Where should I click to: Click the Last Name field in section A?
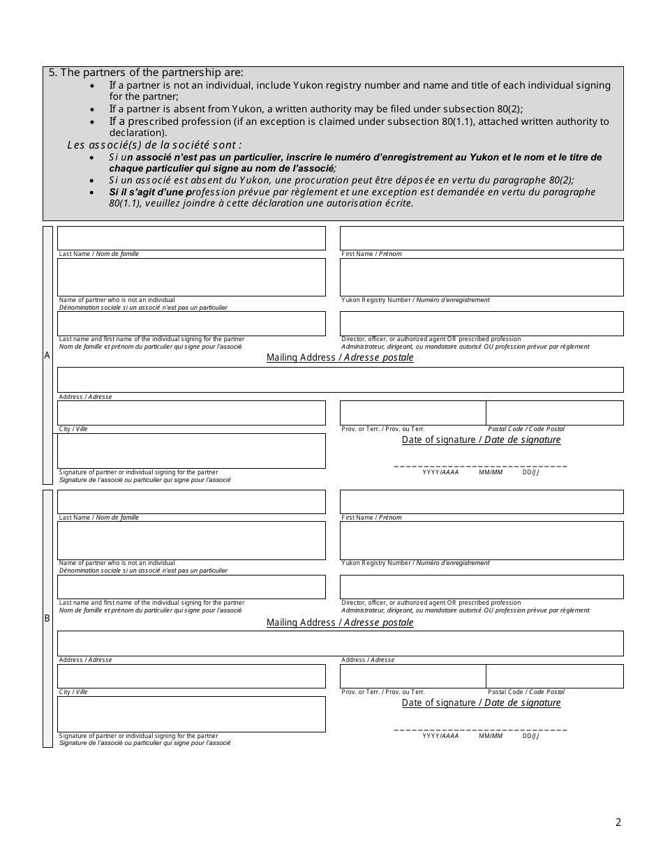click(191, 238)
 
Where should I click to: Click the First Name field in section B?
click(482, 502)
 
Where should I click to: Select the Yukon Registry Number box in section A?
click(482, 277)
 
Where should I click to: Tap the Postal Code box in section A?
click(554, 413)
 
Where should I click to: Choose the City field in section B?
click(191, 676)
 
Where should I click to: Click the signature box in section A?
click(191, 451)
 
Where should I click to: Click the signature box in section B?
click(191, 714)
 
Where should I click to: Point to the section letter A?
click(47, 355)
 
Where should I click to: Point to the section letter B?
click(47, 618)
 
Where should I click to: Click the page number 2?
click(618, 822)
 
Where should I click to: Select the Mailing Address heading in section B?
click(340, 622)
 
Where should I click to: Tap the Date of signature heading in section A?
click(481, 439)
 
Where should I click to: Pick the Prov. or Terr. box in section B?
click(412, 676)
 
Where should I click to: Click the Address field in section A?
click(340, 379)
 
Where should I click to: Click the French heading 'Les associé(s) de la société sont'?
click(154, 145)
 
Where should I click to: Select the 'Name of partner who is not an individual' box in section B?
click(191, 540)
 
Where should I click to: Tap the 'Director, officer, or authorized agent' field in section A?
click(482, 324)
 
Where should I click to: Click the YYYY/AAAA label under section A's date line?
click(440, 472)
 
